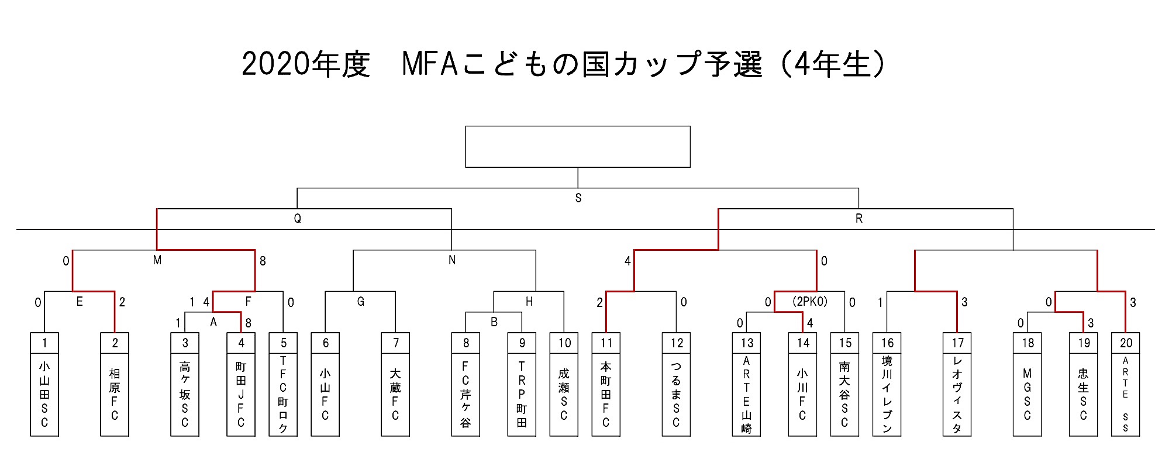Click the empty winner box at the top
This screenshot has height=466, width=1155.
[x=577, y=146]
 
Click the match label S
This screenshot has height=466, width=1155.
[x=578, y=198]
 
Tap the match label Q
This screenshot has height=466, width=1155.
[x=297, y=219]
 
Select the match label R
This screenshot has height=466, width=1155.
[x=859, y=219]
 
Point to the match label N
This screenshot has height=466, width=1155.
[x=451, y=260]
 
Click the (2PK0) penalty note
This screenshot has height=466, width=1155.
[x=809, y=302]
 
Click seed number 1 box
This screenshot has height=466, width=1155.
[x=44, y=343]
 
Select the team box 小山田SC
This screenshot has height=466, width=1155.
[x=44, y=394]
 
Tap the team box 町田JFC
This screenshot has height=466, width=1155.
[x=241, y=394]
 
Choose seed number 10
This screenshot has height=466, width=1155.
[x=564, y=343]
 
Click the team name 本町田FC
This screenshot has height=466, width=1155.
[x=606, y=394]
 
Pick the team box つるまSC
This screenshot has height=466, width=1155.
[x=676, y=394]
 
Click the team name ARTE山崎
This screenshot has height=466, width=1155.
[x=746, y=394]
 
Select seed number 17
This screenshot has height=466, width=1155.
[x=957, y=343]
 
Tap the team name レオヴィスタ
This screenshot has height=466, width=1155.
[x=957, y=394]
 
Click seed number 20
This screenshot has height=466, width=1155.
[x=1126, y=343]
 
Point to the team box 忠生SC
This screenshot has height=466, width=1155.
[x=1084, y=394]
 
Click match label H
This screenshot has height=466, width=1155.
[x=529, y=302]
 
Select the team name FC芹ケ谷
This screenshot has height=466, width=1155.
[x=466, y=394]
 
